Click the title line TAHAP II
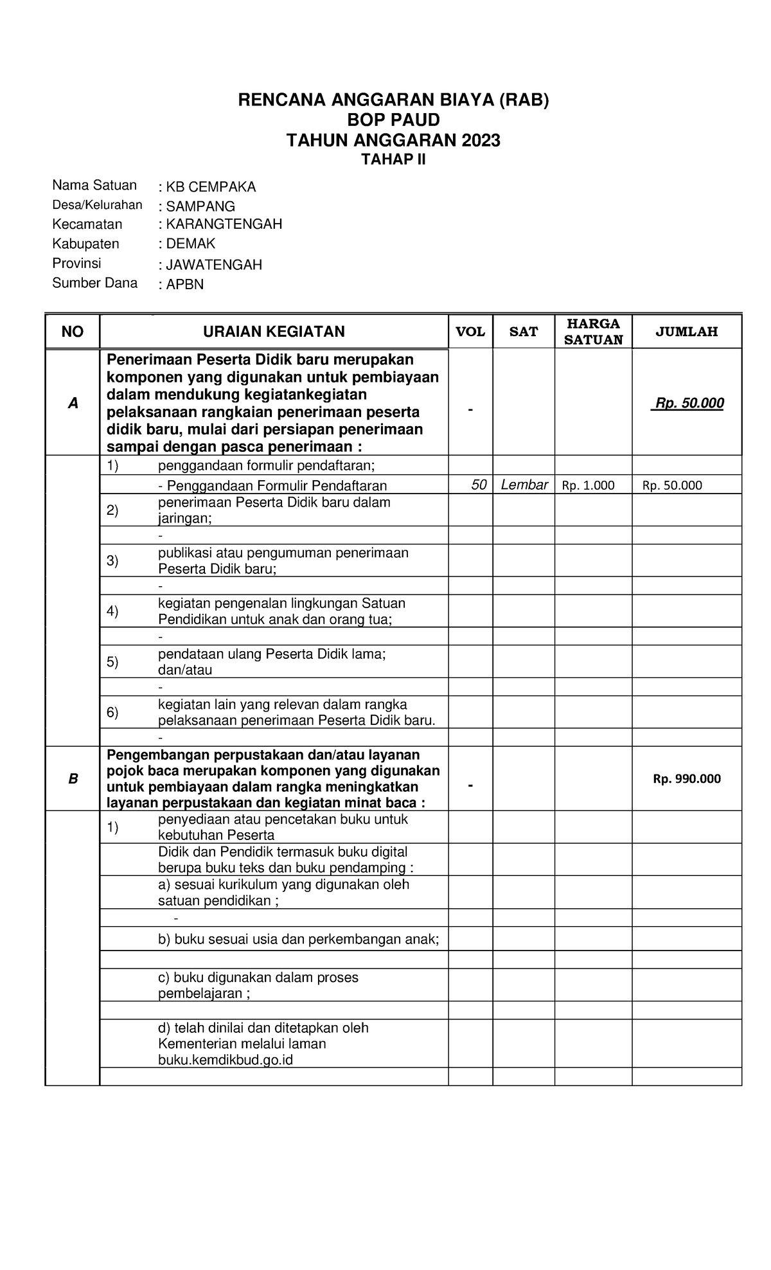[393, 159]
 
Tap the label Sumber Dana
[94, 283]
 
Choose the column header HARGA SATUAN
[593, 332]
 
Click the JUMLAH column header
[686, 332]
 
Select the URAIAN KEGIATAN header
[274, 332]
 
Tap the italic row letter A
[73, 404]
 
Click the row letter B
[73, 779]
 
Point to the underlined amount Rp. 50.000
[687, 404]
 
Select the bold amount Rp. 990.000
[687, 779]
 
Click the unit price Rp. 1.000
[588, 486]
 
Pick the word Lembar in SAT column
[524, 485]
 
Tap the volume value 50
[479, 485]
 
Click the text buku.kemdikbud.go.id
[226, 1060]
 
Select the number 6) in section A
[112, 712]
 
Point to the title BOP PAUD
[393, 120]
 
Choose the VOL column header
[470, 332]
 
